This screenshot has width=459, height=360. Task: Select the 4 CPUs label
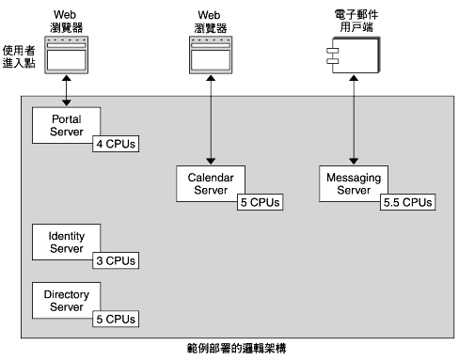coord(115,145)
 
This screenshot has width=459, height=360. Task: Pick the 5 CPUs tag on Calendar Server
coord(259,202)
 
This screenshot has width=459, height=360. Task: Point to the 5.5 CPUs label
coord(407,202)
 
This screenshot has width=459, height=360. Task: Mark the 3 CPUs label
coord(115,260)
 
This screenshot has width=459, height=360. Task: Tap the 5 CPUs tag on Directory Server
coord(115,319)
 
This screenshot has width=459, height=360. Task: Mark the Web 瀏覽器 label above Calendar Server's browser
coord(211,21)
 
